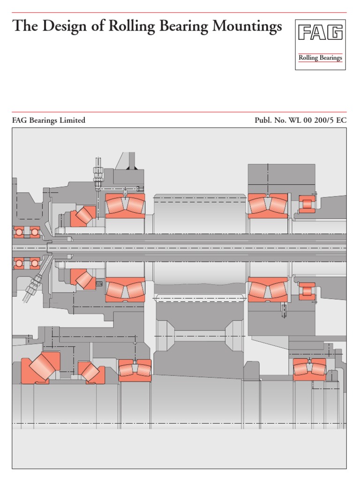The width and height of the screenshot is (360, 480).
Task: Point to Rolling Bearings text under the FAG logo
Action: click(320, 58)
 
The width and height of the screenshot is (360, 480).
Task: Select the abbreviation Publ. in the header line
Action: click(263, 120)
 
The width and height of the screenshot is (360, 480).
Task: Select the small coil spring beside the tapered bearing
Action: click(98, 283)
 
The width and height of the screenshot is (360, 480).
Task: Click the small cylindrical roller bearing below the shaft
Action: click(307, 291)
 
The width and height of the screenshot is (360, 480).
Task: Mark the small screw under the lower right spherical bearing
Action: click(284, 311)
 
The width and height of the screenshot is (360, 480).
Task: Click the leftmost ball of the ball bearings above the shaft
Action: click(19, 232)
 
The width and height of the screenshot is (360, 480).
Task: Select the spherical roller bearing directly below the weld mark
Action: click(125, 205)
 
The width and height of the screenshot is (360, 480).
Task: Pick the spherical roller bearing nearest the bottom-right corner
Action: click(309, 369)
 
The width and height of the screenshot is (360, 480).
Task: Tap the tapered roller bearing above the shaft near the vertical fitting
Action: click(83, 216)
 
